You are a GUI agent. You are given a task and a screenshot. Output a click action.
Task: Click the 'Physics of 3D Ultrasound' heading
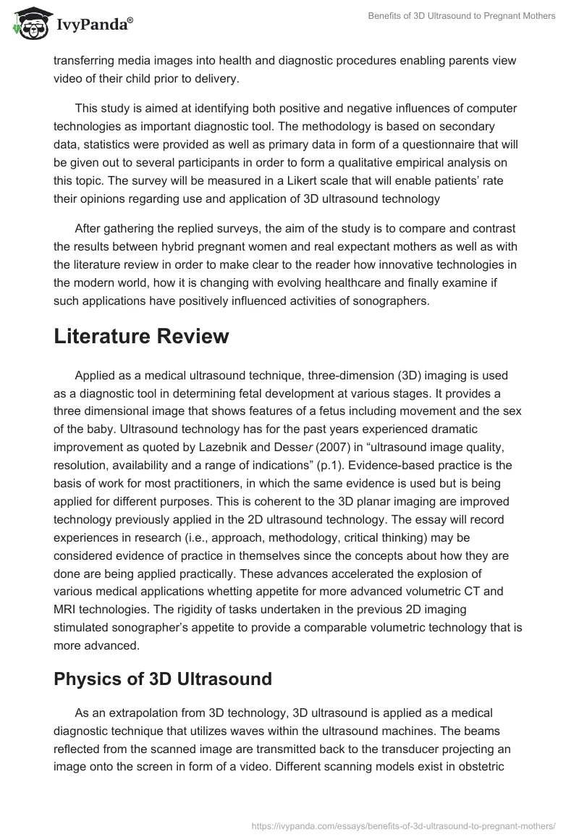click(x=163, y=679)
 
